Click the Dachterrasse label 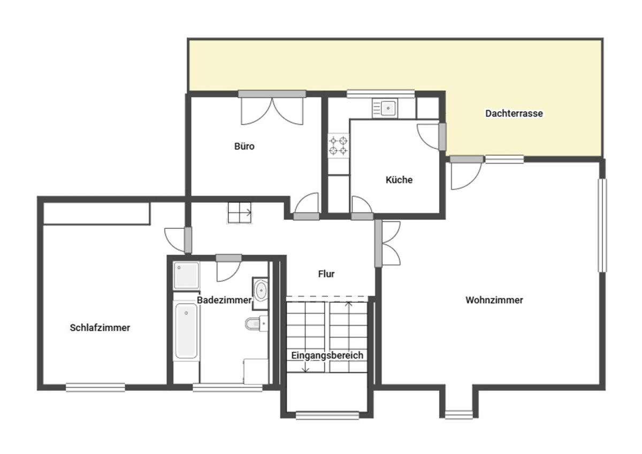point(514,113)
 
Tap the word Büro point(244,147)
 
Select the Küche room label point(399,180)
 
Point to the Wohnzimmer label point(494,300)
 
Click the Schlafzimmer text point(100,328)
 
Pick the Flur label point(326,274)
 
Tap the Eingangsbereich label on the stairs point(327,356)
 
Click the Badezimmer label point(224,300)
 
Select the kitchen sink point(385,108)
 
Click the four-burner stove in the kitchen point(339,146)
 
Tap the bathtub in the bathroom point(186,331)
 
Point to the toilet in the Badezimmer point(256,324)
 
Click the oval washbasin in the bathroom point(261,291)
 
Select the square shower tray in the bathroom point(186,275)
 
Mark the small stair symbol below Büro point(240,212)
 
